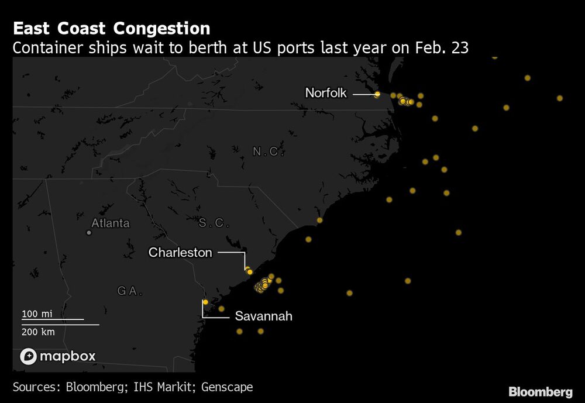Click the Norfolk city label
pos(326,93)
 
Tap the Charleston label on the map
pos(180,253)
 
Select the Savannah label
pos(263,316)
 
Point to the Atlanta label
pos(111,223)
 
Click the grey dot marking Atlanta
pos(89,233)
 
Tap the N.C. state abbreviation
pos(268,152)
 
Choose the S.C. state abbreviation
pos(214,223)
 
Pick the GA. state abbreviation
pos(130,291)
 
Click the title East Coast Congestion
pos(111,29)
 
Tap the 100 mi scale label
pos(37,314)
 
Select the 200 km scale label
pos(39,332)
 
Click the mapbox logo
pos(58,356)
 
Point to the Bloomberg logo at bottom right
pos(540,392)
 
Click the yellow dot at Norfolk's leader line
pos(377,94)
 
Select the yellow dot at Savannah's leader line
pos(205,302)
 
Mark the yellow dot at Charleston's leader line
pos(250,272)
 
